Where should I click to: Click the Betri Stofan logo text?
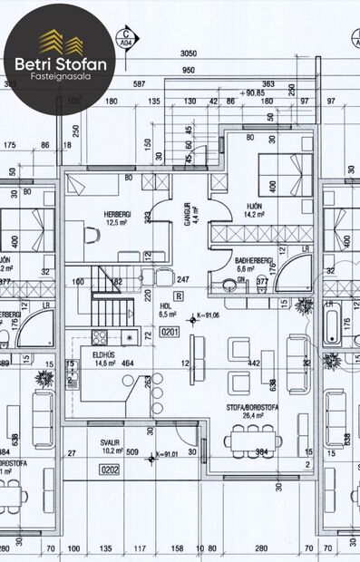coord(58,64)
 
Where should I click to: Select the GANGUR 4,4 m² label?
coord(188,214)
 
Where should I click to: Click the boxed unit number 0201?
coord(170,332)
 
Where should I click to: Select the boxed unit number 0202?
coord(109,469)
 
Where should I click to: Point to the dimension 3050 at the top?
coord(190,53)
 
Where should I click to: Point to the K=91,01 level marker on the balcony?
coord(167,452)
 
